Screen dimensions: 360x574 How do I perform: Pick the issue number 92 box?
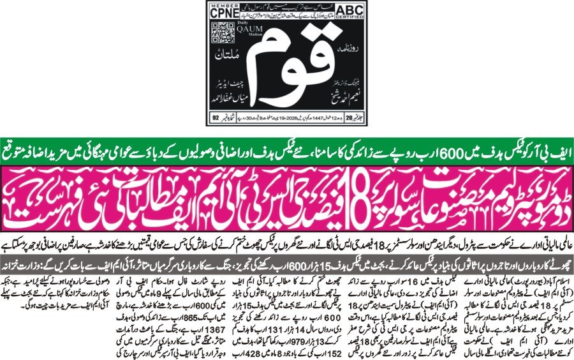click(x=215, y=117)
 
